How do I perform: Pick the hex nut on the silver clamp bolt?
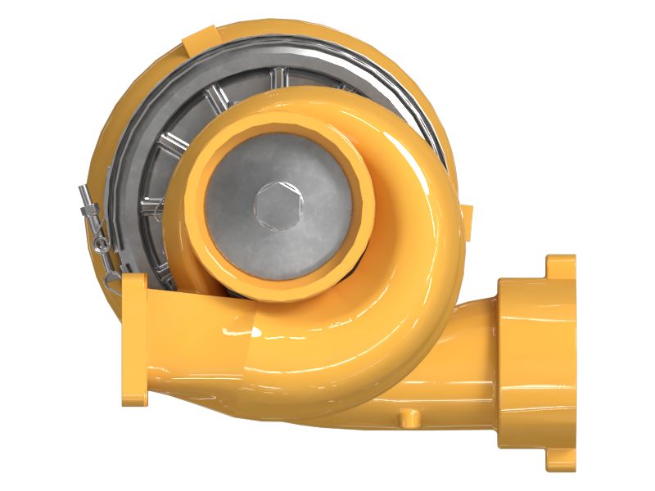coord(93,219)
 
